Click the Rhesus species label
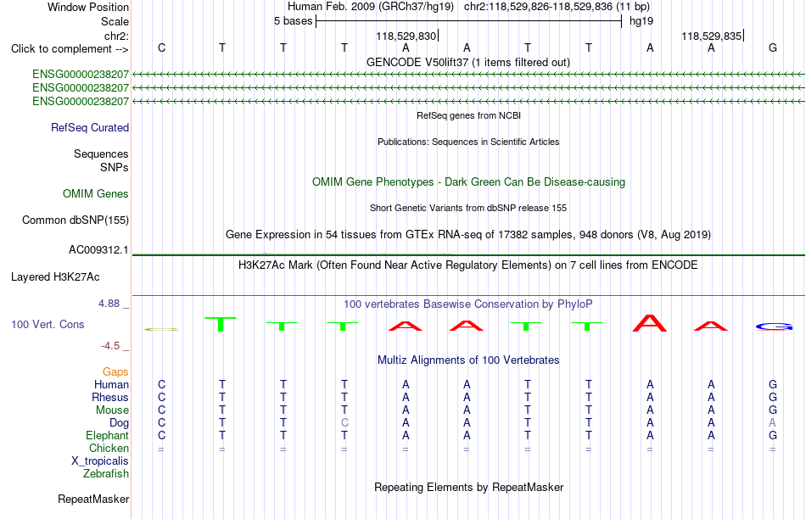pos(110,397)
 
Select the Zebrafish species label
pos(106,473)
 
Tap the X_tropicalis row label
pos(100,461)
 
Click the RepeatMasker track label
pos(93,499)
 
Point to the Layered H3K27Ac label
pos(55,277)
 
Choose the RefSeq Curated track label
pos(90,127)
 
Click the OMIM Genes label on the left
pos(96,193)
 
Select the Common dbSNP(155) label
pos(76,220)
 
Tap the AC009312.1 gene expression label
pos(98,249)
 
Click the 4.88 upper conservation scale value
pos(109,304)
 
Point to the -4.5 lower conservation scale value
pos(110,346)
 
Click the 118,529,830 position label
pos(406,36)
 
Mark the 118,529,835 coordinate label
pos(712,36)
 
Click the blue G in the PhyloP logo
pos(774,326)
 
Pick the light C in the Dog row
pos(344,422)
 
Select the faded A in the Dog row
pos(772,422)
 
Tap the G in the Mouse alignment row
pos(772,410)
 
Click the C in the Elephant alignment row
pos(161,435)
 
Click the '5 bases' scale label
pos(293,21)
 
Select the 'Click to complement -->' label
pos(70,49)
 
